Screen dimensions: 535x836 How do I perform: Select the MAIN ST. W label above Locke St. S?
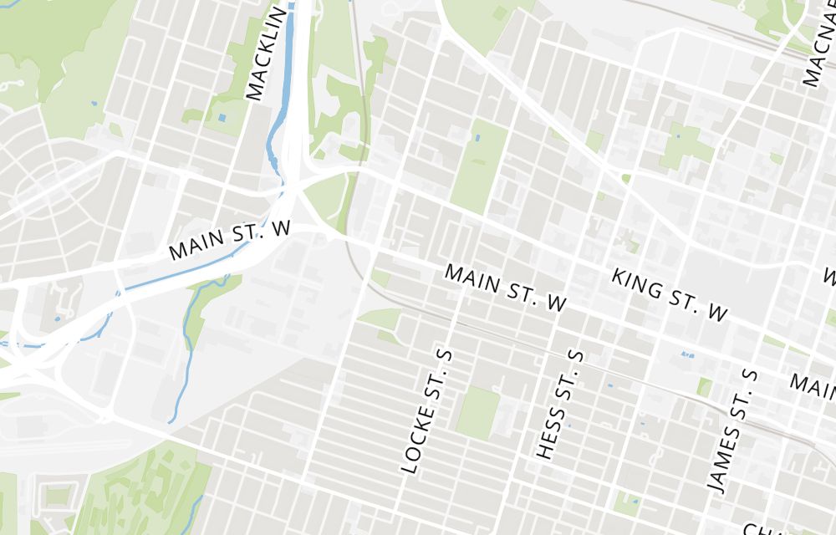point(505,288)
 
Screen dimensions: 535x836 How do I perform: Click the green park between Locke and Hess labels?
point(478,411)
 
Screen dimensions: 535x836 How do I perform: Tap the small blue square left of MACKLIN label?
point(222,118)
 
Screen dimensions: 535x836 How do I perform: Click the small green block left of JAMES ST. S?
point(705,387)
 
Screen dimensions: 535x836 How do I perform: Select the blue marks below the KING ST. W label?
point(687,354)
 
